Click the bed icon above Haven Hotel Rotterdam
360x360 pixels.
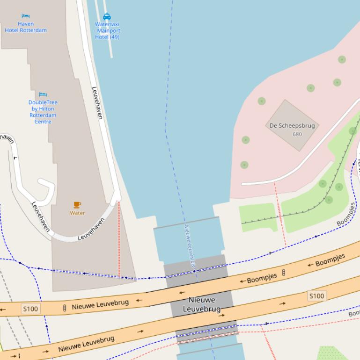point(25,16)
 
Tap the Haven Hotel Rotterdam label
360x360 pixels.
point(26,27)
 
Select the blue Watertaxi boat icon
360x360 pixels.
point(107,17)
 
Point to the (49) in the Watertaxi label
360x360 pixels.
point(114,37)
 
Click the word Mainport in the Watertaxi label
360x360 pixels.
point(109,31)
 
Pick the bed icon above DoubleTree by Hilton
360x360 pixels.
point(43,95)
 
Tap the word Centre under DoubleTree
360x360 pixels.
point(43,122)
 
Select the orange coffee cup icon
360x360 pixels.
point(77,205)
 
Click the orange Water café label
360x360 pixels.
point(77,213)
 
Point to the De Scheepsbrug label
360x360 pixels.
point(292,126)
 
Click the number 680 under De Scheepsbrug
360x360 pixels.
point(297,134)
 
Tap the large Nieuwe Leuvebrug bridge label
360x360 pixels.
point(202,304)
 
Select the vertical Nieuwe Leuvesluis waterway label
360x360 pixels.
point(190,245)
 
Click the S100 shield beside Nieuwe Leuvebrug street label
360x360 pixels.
point(31,309)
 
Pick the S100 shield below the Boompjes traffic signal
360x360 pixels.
point(316,295)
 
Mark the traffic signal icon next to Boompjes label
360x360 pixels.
point(283,273)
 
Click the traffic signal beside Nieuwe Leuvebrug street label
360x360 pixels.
point(65,308)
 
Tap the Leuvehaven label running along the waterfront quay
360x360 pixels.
point(97,103)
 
